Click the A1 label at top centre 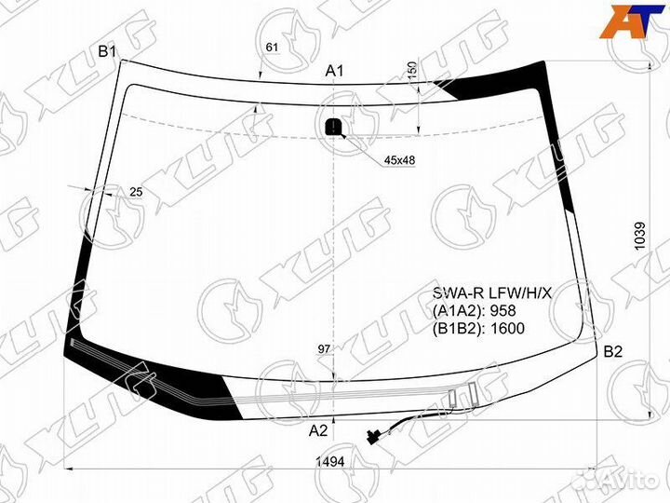[x=334, y=72]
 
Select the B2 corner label [x=613, y=351]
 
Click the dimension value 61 [x=272, y=48]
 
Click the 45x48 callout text [x=399, y=160]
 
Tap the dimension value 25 [x=136, y=192]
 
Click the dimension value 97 [x=325, y=349]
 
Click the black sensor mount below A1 [x=334, y=126]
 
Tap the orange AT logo [x=632, y=22]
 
